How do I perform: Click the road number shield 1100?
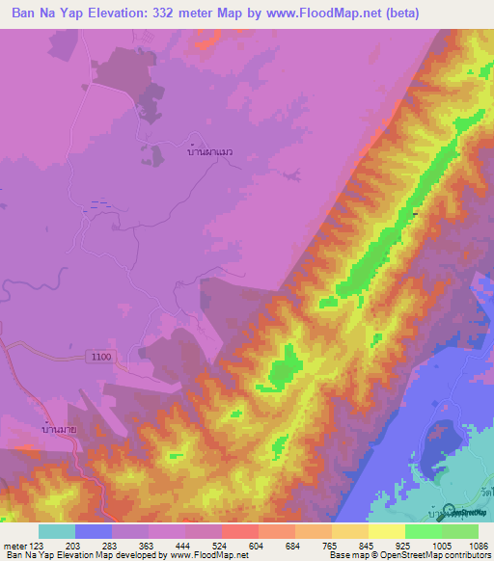point(101,357)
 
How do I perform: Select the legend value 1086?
point(465,545)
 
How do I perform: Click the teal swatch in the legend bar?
point(57,531)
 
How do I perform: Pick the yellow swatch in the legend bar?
point(387,531)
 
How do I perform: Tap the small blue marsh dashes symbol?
point(99,203)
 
